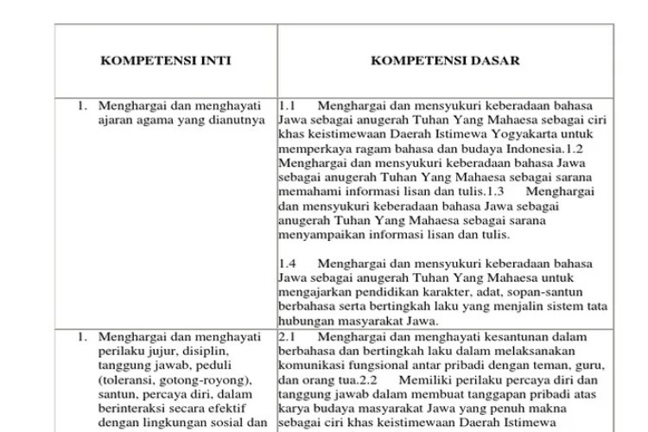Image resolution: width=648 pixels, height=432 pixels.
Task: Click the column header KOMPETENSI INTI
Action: point(165,61)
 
